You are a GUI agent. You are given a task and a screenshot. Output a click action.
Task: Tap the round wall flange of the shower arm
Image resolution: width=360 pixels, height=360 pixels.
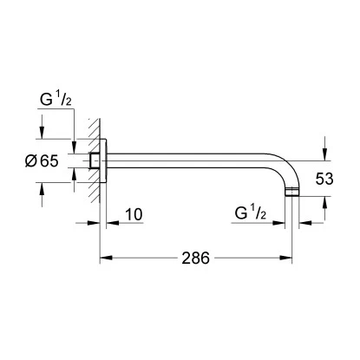(102, 160)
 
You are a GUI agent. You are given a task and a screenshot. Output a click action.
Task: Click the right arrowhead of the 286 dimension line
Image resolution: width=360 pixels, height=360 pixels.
(296, 258)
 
